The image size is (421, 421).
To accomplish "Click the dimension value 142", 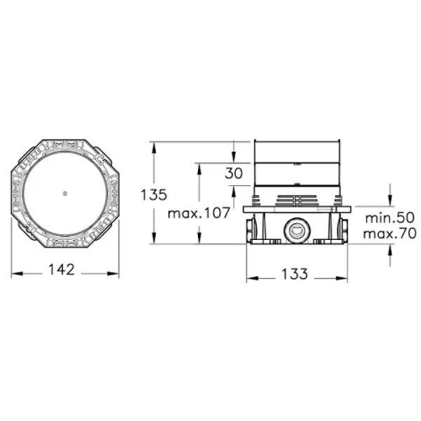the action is [x=61, y=269].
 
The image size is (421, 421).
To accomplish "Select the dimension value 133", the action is [x=295, y=274].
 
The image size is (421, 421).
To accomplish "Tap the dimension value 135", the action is [x=154, y=195].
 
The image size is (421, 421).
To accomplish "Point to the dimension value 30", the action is [x=234, y=173].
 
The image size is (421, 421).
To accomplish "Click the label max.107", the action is [x=199, y=213].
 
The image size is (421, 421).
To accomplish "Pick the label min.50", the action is [x=390, y=218].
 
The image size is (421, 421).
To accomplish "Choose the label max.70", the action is [x=390, y=233].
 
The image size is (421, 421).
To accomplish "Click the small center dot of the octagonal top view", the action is [x=65, y=193].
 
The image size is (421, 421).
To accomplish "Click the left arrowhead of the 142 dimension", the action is [x=17, y=274].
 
